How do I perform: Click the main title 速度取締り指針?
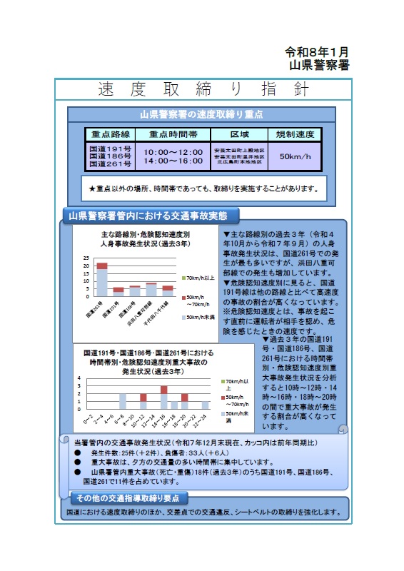click(x=203, y=90)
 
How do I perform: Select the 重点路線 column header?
click(x=111, y=135)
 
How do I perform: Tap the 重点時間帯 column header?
click(x=172, y=135)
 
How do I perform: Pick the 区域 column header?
click(x=239, y=135)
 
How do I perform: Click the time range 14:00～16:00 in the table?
click(x=173, y=162)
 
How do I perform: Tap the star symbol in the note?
click(x=92, y=189)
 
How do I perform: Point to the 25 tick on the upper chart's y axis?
click(x=86, y=258)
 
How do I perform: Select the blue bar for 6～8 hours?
click(x=123, y=402)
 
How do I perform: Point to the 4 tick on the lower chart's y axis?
click(x=80, y=378)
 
